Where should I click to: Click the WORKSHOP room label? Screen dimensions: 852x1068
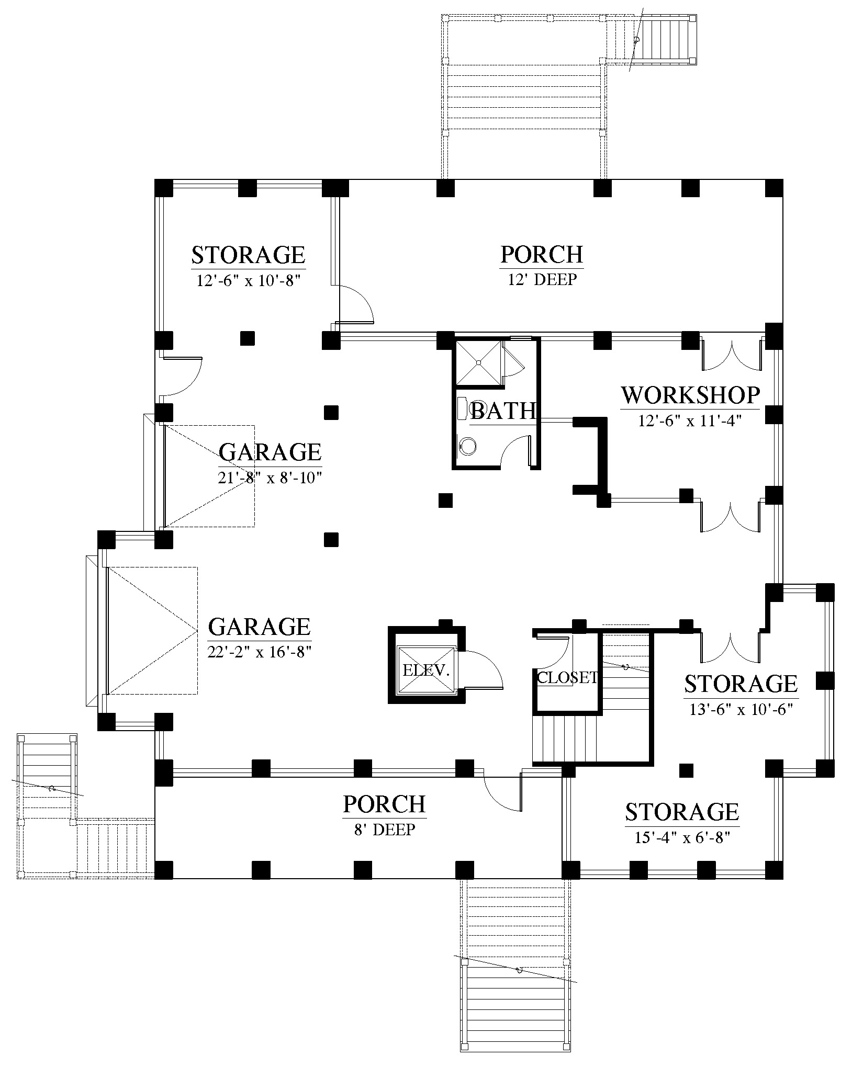[690, 396]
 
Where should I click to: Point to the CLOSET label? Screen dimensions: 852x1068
[567, 678]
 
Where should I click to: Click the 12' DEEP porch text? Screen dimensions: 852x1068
[542, 280]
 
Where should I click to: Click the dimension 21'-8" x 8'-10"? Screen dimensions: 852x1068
[270, 478]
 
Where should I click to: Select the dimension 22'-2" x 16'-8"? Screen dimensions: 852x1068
[260, 652]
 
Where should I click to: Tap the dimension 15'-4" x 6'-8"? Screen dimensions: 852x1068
[682, 838]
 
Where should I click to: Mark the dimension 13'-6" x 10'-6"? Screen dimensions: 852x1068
[741, 710]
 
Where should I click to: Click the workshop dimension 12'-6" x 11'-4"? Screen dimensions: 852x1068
[690, 421]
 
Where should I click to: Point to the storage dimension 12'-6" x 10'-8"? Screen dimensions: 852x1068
[248, 281]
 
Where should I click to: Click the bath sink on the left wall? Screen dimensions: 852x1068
[462, 407]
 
